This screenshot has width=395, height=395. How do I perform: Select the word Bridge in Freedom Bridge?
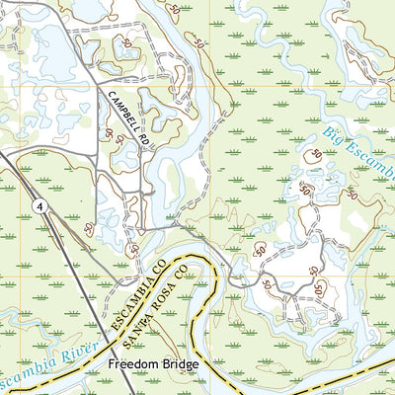pyautogui.click(x=177, y=365)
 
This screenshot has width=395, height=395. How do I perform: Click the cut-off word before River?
pyautogui.click(x=20, y=376)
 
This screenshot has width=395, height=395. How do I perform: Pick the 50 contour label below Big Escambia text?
pyautogui.click(x=316, y=155)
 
